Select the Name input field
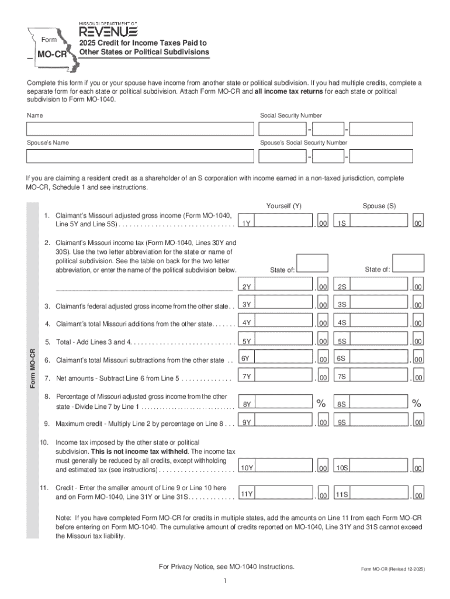[x=140, y=129]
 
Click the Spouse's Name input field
[x=140, y=156]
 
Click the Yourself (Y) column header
[x=283, y=206]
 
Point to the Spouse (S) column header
[x=379, y=206]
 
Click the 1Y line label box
[x=247, y=223]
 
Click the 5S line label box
[x=342, y=341]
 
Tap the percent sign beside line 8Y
[x=321, y=403]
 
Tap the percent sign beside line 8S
[x=416, y=403]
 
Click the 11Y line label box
[x=247, y=494]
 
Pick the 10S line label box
[x=342, y=467]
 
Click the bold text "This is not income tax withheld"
[x=135, y=452]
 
